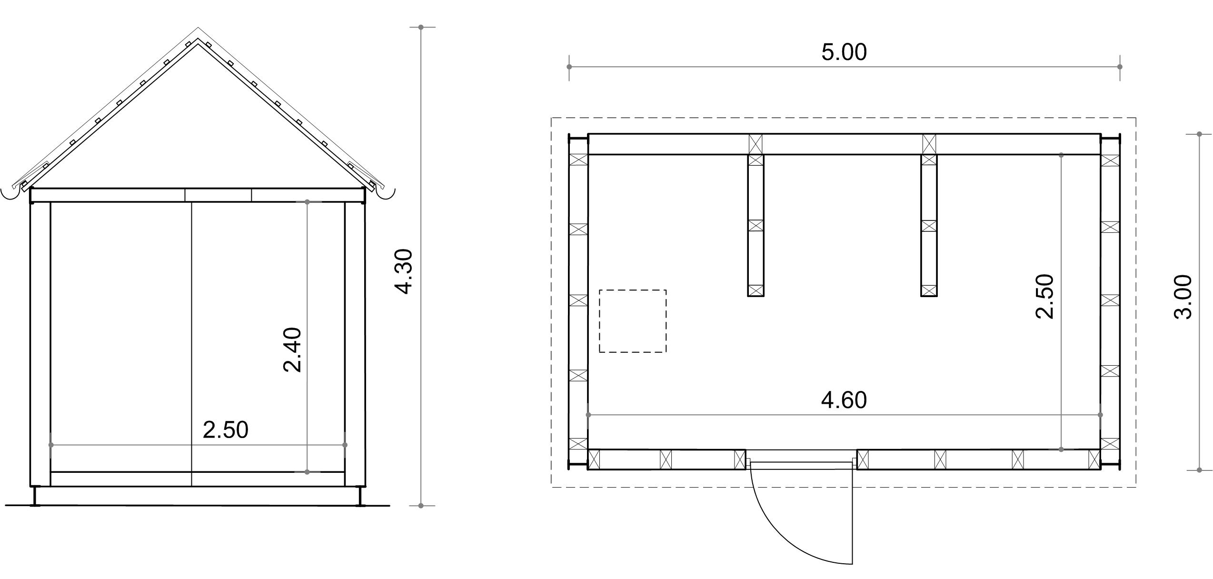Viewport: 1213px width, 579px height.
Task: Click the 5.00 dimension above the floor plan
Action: point(844,52)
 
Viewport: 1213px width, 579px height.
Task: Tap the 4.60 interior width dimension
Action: point(844,400)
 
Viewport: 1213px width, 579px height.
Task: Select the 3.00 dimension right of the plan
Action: point(1183,297)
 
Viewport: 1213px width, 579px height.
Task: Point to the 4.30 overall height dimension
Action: point(403,271)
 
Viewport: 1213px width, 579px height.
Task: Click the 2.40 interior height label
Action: point(292,349)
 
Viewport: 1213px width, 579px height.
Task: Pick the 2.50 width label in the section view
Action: point(226,430)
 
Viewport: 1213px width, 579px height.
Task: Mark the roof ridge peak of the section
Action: point(198,28)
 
